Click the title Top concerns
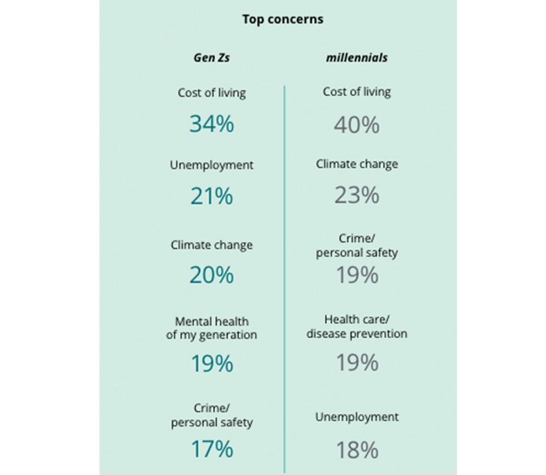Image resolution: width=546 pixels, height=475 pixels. [283, 19]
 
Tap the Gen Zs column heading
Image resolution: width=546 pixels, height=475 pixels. [212, 57]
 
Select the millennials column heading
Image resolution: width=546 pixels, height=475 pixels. [357, 57]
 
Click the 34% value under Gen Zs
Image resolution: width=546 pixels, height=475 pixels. [212, 124]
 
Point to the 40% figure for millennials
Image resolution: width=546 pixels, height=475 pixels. [357, 125]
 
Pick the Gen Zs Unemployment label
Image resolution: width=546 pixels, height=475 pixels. [212, 165]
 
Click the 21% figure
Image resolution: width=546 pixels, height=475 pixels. [212, 196]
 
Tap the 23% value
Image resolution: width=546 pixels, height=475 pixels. [357, 195]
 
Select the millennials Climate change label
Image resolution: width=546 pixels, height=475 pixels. [357, 164]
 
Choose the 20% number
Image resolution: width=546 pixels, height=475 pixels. [212, 275]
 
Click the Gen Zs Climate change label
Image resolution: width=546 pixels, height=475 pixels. [212, 245]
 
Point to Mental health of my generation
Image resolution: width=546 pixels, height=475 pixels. [212, 328]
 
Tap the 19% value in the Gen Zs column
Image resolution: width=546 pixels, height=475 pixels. [212, 364]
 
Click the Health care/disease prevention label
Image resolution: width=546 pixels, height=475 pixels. [357, 327]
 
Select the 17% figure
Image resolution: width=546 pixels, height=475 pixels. [212, 449]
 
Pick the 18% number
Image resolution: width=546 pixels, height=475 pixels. [357, 450]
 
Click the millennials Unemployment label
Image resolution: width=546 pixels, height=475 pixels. [357, 417]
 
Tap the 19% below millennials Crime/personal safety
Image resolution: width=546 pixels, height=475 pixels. [357, 274]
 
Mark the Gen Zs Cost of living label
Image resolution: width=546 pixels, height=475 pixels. [212, 93]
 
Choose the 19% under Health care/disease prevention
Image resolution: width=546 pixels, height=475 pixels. [357, 363]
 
